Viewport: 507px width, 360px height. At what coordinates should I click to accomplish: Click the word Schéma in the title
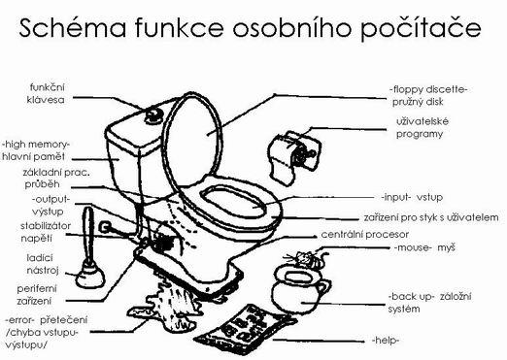click(73, 28)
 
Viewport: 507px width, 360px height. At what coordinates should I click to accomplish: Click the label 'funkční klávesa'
click(46, 93)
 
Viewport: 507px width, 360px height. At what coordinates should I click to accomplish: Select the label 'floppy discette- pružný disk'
click(428, 95)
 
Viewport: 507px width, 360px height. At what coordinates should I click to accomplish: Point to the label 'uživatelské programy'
click(422, 128)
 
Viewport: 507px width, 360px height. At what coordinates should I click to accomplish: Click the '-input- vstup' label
click(412, 197)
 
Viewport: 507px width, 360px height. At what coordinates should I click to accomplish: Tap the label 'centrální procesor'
click(364, 235)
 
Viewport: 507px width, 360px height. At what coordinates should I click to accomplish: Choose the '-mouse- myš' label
click(424, 248)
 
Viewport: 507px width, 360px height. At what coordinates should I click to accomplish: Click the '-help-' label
click(386, 341)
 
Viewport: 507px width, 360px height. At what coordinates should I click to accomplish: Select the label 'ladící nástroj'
click(43, 264)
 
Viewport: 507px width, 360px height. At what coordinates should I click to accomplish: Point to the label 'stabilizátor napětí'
click(46, 232)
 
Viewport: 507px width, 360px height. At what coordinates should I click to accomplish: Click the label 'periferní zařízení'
click(36, 295)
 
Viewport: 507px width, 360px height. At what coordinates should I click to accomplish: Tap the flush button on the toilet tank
click(153, 115)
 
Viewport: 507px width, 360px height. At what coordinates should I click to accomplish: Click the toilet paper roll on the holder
click(295, 154)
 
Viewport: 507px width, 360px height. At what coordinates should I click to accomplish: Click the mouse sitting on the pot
click(307, 258)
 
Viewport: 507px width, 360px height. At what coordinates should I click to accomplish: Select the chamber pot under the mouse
click(299, 289)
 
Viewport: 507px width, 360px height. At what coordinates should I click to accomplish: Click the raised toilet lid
click(193, 139)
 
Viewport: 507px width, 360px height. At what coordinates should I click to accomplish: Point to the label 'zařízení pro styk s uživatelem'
click(431, 217)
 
